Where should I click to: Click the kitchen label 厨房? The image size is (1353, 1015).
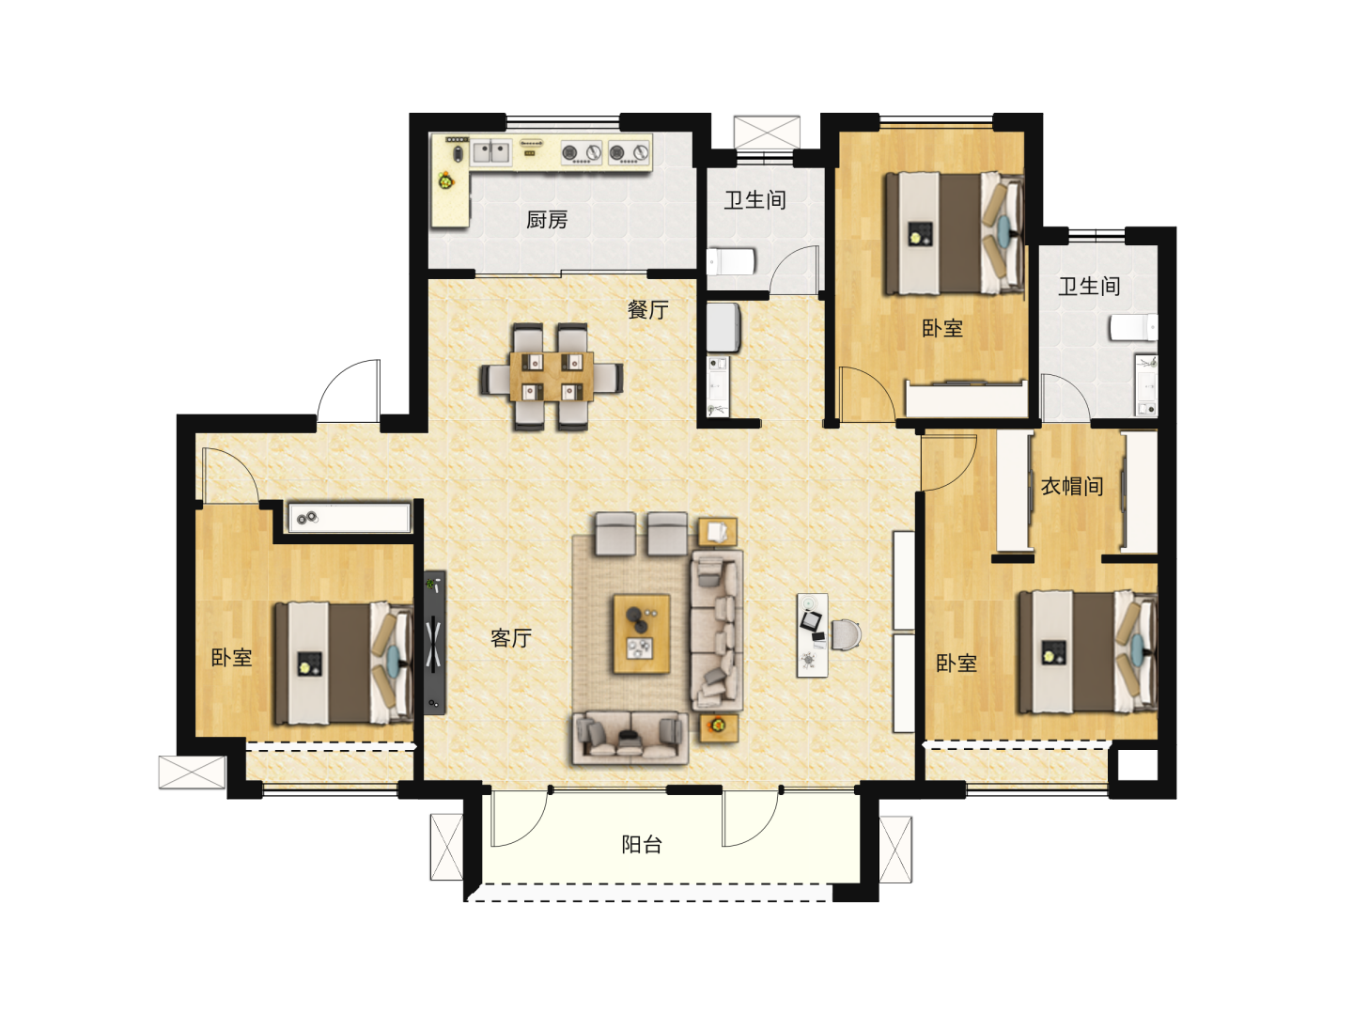pos(547,219)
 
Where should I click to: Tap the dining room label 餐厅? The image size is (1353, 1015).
pos(647,309)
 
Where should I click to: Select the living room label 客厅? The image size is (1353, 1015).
pos(511,638)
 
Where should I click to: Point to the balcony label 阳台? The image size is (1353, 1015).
pos(642,844)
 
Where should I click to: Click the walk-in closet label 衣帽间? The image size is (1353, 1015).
pos(1072,486)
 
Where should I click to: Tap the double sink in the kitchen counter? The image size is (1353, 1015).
pos(491,152)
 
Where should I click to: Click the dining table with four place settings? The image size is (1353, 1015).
pos(551,376)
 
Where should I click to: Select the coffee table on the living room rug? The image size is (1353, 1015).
pos(642,633)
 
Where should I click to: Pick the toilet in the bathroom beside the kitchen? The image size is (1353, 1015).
pos(731,262)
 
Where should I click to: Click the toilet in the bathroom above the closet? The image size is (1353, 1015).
pos(1134,327)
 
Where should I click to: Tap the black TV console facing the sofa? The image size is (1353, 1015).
pos(435,642)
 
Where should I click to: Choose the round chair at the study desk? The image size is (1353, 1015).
pos(846,634)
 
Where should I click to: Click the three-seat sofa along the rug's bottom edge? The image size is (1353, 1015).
pos(630,738)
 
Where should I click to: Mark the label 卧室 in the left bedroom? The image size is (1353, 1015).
pos(232,657)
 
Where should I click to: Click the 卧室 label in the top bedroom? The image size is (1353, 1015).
pos(941,328)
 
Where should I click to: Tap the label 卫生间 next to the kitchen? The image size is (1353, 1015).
pos(755,199)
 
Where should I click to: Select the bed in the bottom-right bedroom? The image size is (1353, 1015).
pos(1087,651)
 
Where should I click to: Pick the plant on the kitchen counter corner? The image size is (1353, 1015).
pos(445,181)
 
